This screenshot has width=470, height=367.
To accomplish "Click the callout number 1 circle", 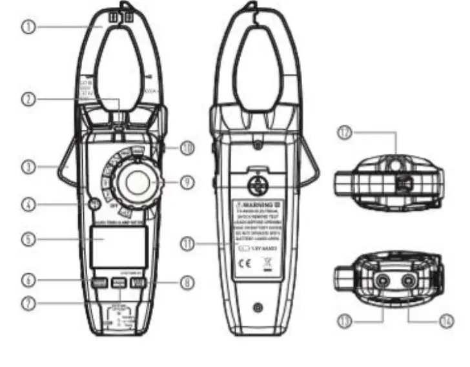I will [x=27, y=28].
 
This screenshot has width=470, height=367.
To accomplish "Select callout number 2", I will [x=27, y=100].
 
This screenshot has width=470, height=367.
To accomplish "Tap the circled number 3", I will [x=27, y=167].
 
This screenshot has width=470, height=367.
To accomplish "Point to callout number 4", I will [x=27, y=205].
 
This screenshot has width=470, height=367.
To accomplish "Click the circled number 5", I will [x=27, y=238].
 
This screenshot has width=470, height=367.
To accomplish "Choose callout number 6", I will [x=27, y=281].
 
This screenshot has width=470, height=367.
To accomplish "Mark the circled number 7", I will [x=27, y=303].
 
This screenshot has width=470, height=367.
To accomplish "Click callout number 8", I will [x=187, y=281].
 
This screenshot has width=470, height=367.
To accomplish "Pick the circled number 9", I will [x=187, y=182].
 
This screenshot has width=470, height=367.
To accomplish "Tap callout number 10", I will [x=187, y=148].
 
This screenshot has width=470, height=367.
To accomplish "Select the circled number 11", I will [x=187, y=244].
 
